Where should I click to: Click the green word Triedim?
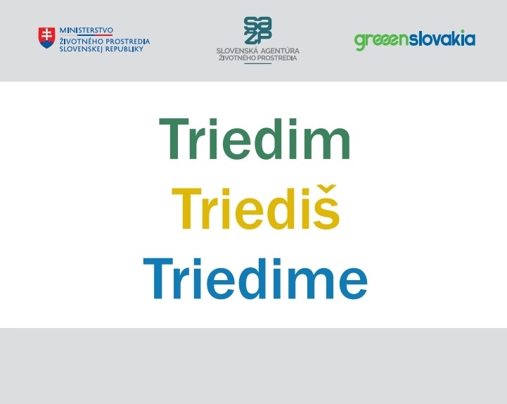click(255, 139)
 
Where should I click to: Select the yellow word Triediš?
click(255, 207)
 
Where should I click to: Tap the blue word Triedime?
click(255, 278)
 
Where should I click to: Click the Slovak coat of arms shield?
click(46, 37)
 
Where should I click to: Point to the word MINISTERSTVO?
click(86, 30)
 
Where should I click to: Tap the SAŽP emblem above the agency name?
click(257, 30)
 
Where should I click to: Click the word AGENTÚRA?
click(280, 51)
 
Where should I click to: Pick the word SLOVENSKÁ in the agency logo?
click(238, 51)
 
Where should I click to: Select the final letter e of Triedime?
click(354, 283)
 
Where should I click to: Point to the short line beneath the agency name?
click(257, 64)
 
